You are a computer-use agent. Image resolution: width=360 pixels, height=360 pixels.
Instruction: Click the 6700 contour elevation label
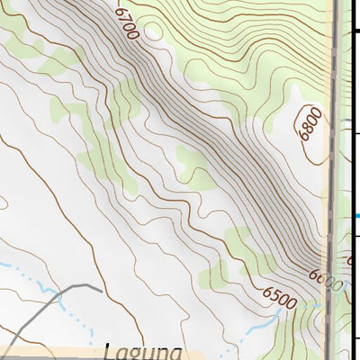[127, 22]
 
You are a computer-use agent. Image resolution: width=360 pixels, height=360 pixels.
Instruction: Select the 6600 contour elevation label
[325, 280]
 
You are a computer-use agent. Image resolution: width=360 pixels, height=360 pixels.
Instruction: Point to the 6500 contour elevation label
[280, 295]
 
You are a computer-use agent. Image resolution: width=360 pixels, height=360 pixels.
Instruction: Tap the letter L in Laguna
[109, 351]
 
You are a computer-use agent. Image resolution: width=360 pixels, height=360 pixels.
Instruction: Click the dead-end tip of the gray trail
[100, 288]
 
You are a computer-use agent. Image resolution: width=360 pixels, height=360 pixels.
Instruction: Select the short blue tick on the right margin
[357, 216]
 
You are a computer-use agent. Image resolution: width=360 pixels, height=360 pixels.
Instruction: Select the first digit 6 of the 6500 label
[269, 290]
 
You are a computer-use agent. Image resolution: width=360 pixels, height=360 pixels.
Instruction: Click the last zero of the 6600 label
[335, 288]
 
